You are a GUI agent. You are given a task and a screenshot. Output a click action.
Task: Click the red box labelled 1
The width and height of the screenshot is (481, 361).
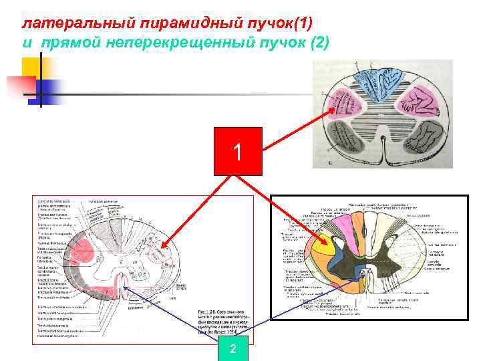(238, 150)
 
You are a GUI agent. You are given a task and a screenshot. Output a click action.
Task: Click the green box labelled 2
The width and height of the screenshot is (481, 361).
(232, 349)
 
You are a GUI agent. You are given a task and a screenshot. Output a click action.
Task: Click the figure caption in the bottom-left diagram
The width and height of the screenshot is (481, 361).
(222, 324)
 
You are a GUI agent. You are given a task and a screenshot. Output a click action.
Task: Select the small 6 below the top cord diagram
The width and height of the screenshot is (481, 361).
(330, 162)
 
